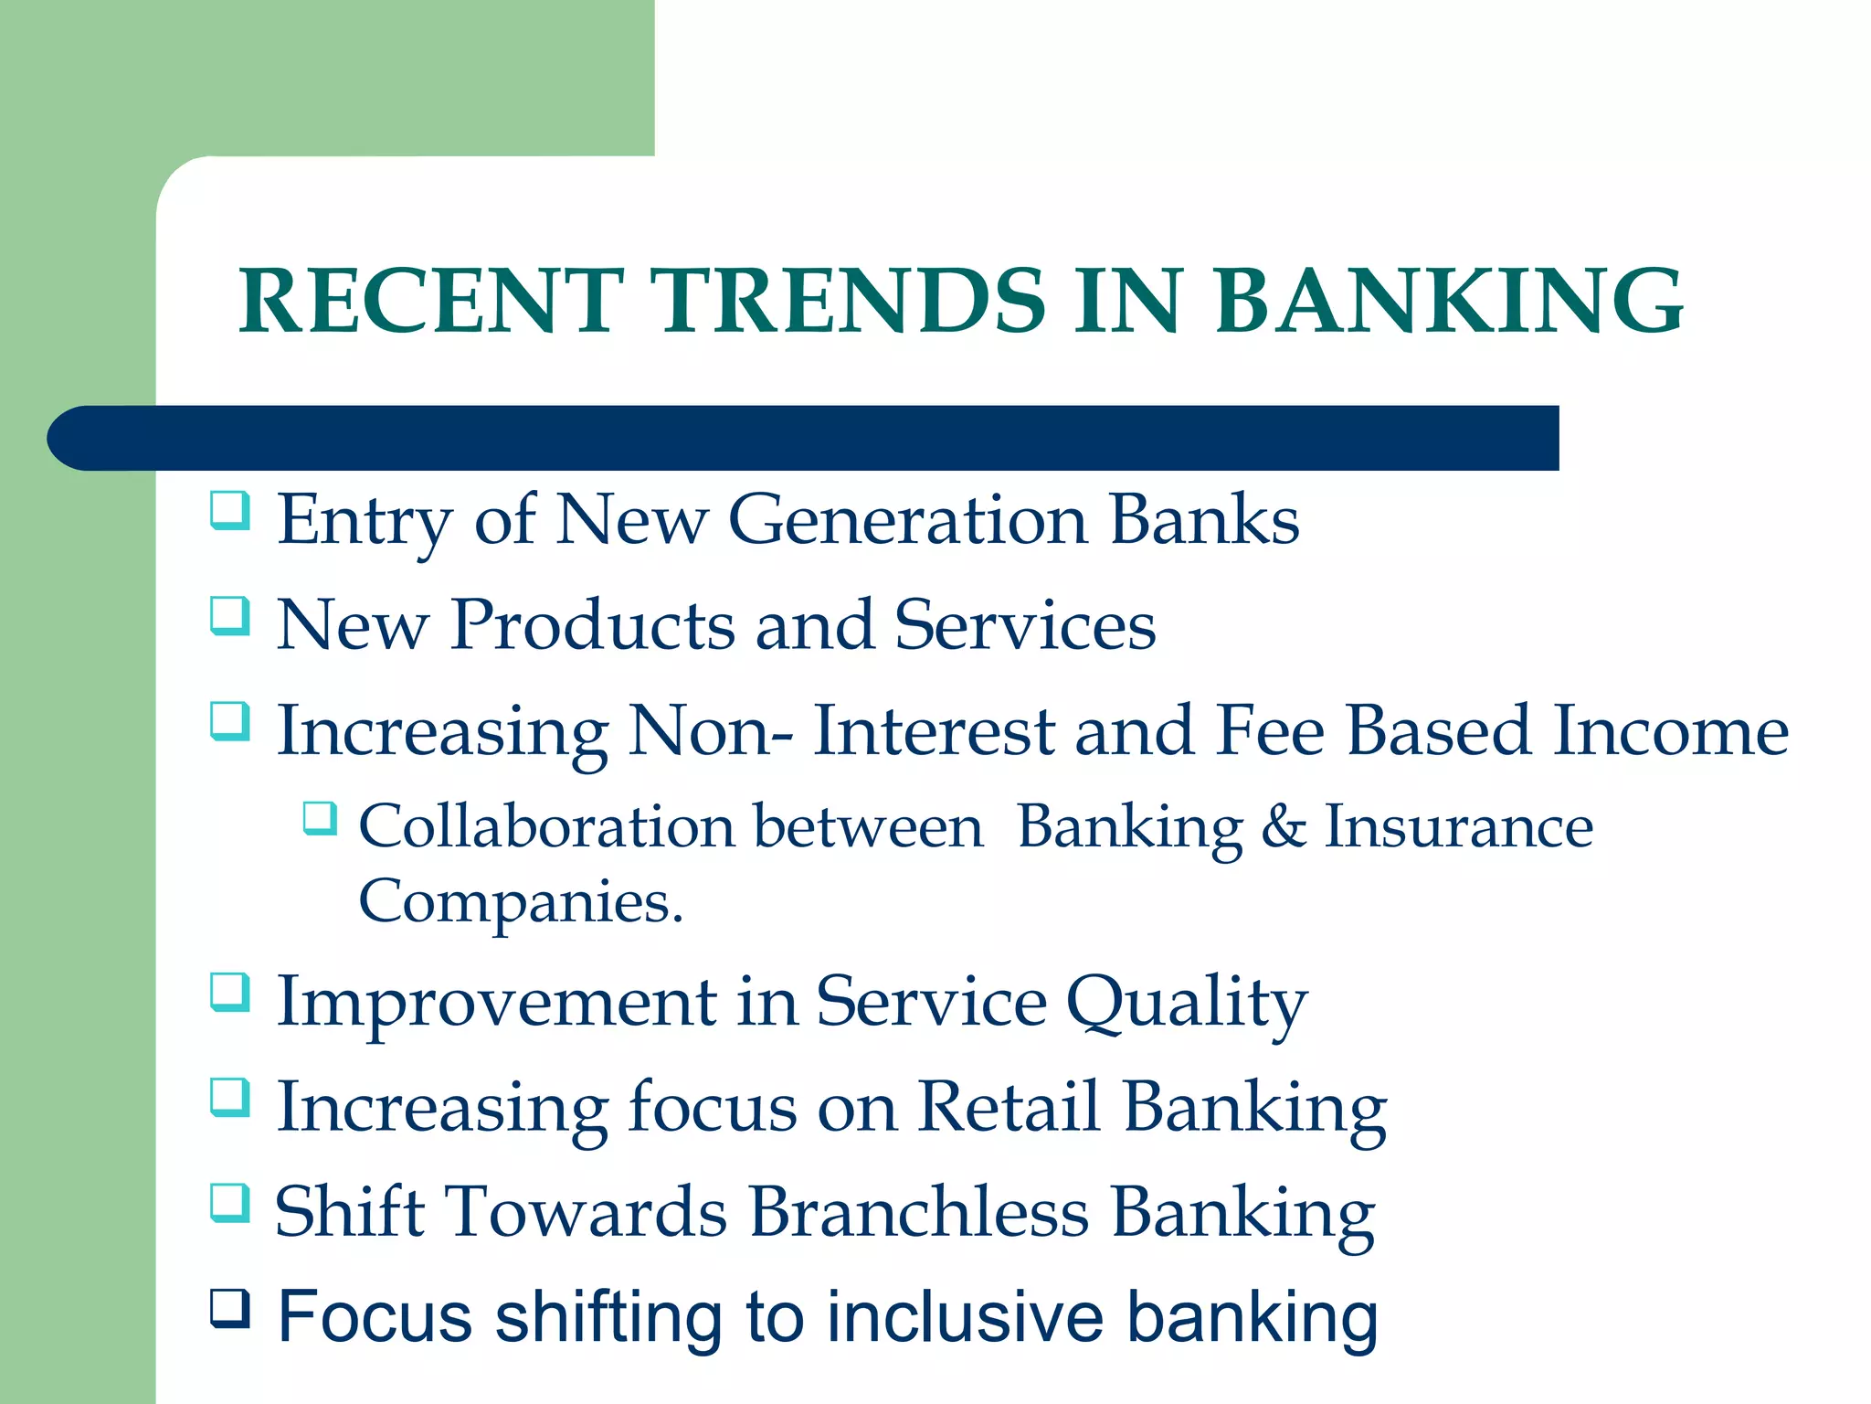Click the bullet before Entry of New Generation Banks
pos(229,510)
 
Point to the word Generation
pos(907,520)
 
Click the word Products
pos(592,625)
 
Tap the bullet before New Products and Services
pos(229,615)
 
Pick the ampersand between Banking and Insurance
pos(1284,826)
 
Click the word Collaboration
pos(546,826)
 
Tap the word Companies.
pos(520,901)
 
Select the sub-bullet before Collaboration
pos(320,817)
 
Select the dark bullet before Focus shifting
pos(229,1308)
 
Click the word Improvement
pos(496,1003)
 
